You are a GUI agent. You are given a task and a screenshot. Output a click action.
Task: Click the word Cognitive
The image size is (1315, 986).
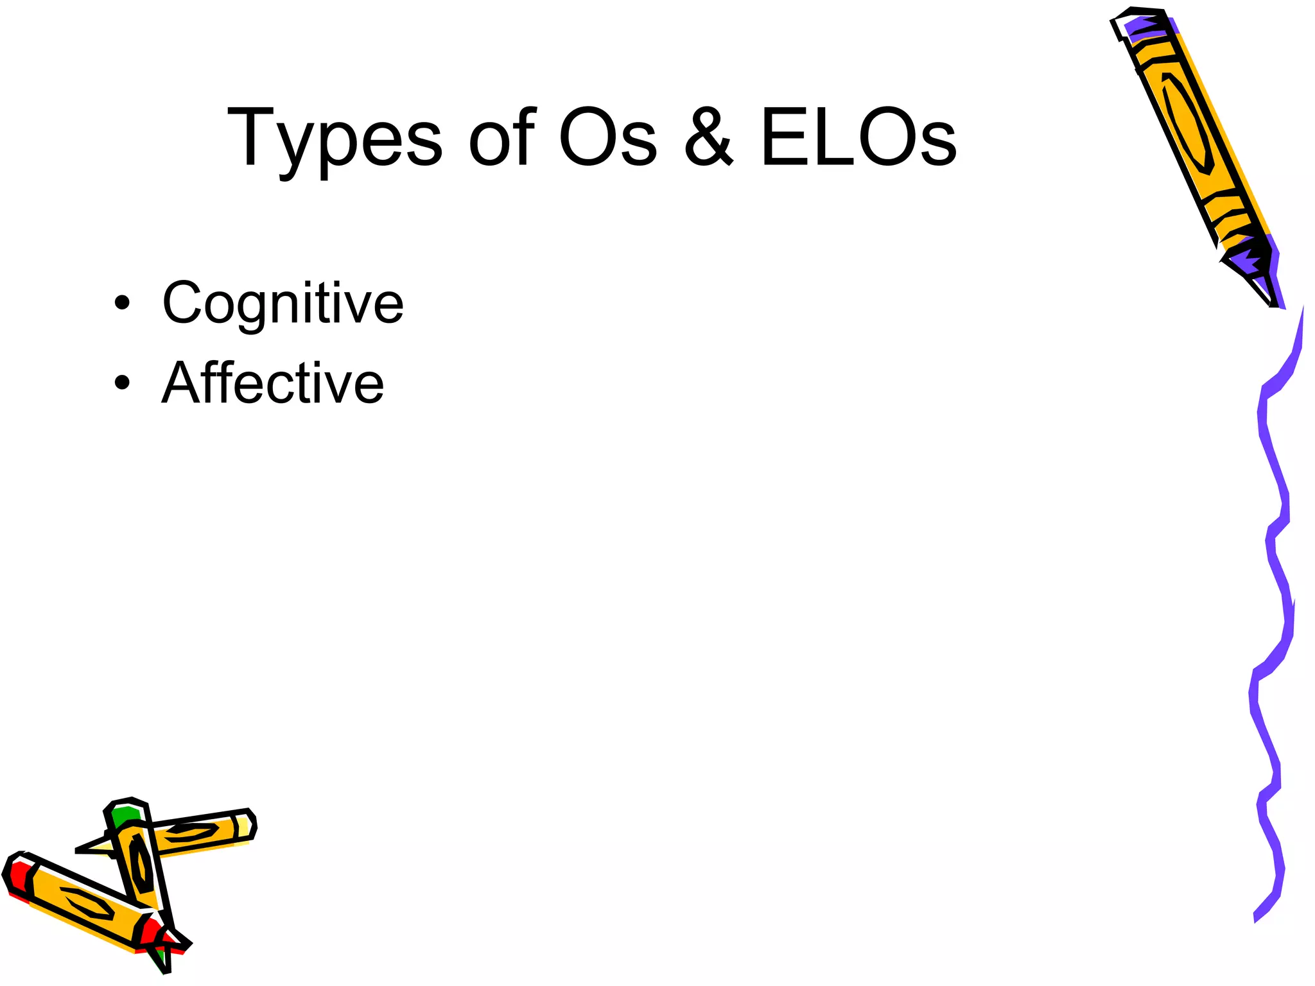click(x=283, y=304)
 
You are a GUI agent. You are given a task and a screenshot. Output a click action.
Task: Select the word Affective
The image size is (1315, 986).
click(x=273, y=383)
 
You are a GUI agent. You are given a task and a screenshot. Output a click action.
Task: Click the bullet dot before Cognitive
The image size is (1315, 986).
click(x=122, y=303)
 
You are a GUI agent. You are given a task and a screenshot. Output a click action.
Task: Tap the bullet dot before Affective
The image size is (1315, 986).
click(x=122, y=383)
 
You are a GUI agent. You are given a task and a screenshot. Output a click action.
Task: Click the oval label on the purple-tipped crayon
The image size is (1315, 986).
click(x=1188, y=122)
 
